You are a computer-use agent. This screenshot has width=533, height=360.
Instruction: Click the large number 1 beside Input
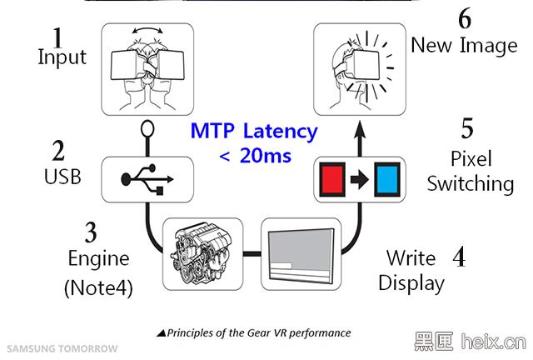point(57,37)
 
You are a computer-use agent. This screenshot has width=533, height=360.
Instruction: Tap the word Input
point(62,57)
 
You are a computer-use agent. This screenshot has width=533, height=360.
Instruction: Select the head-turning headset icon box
point(147,69)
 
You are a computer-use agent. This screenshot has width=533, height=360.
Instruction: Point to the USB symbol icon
point(147,179)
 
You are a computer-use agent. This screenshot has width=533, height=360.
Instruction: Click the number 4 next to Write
point(457,255)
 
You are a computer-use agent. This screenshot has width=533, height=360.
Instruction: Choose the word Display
point(411,282)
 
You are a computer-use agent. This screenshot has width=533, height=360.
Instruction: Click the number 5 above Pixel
point(467,128)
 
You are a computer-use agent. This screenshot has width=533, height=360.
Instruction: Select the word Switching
point(471,183)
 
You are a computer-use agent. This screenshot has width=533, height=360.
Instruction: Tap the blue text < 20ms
point(255,155)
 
